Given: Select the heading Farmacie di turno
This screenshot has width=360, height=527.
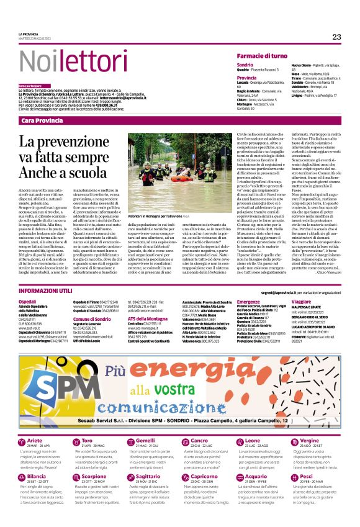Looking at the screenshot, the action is (x=261, y=56).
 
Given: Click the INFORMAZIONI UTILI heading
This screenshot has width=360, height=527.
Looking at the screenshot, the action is (x=47, y=291).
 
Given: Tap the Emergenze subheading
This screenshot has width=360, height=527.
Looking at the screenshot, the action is (x=249, y=301).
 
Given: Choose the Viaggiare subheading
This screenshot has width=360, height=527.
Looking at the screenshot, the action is (x=302, y=301).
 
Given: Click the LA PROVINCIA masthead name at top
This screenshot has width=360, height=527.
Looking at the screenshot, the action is (x=29, y=34).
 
